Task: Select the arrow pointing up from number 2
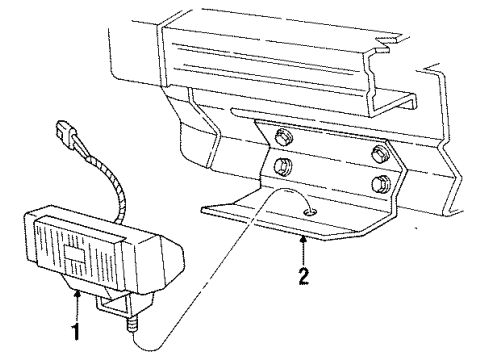pyautogui.click(x=302, y=245)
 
